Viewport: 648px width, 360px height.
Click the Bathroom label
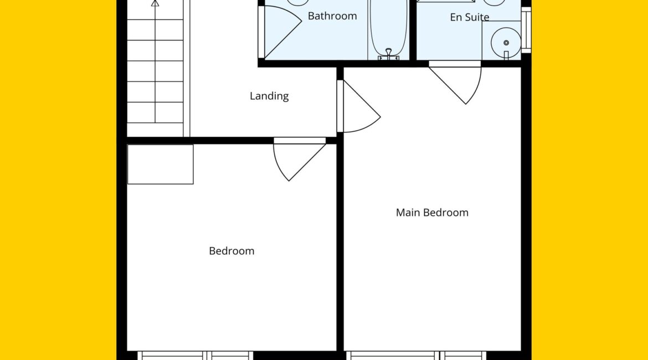point(332,16)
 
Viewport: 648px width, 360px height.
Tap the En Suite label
point(470,17)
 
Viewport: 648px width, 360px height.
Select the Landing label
point(269,96)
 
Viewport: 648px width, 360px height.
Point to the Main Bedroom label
point(432,213)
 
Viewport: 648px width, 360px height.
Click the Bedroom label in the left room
point(232,251)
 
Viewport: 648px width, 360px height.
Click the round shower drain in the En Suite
point(506,43)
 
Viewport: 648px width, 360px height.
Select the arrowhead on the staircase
point(155,3)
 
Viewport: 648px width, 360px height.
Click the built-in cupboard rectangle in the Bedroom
point(161,164)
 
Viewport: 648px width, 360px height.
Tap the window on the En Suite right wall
point(526,30)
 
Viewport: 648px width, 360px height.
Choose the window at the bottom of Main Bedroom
point(416,356)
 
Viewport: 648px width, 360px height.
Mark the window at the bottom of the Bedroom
point(195,356)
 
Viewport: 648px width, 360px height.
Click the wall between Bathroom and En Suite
point(413,30)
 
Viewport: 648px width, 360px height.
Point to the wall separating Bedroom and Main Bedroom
point(340,248)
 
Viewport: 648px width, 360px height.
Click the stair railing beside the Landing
point(187,68)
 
